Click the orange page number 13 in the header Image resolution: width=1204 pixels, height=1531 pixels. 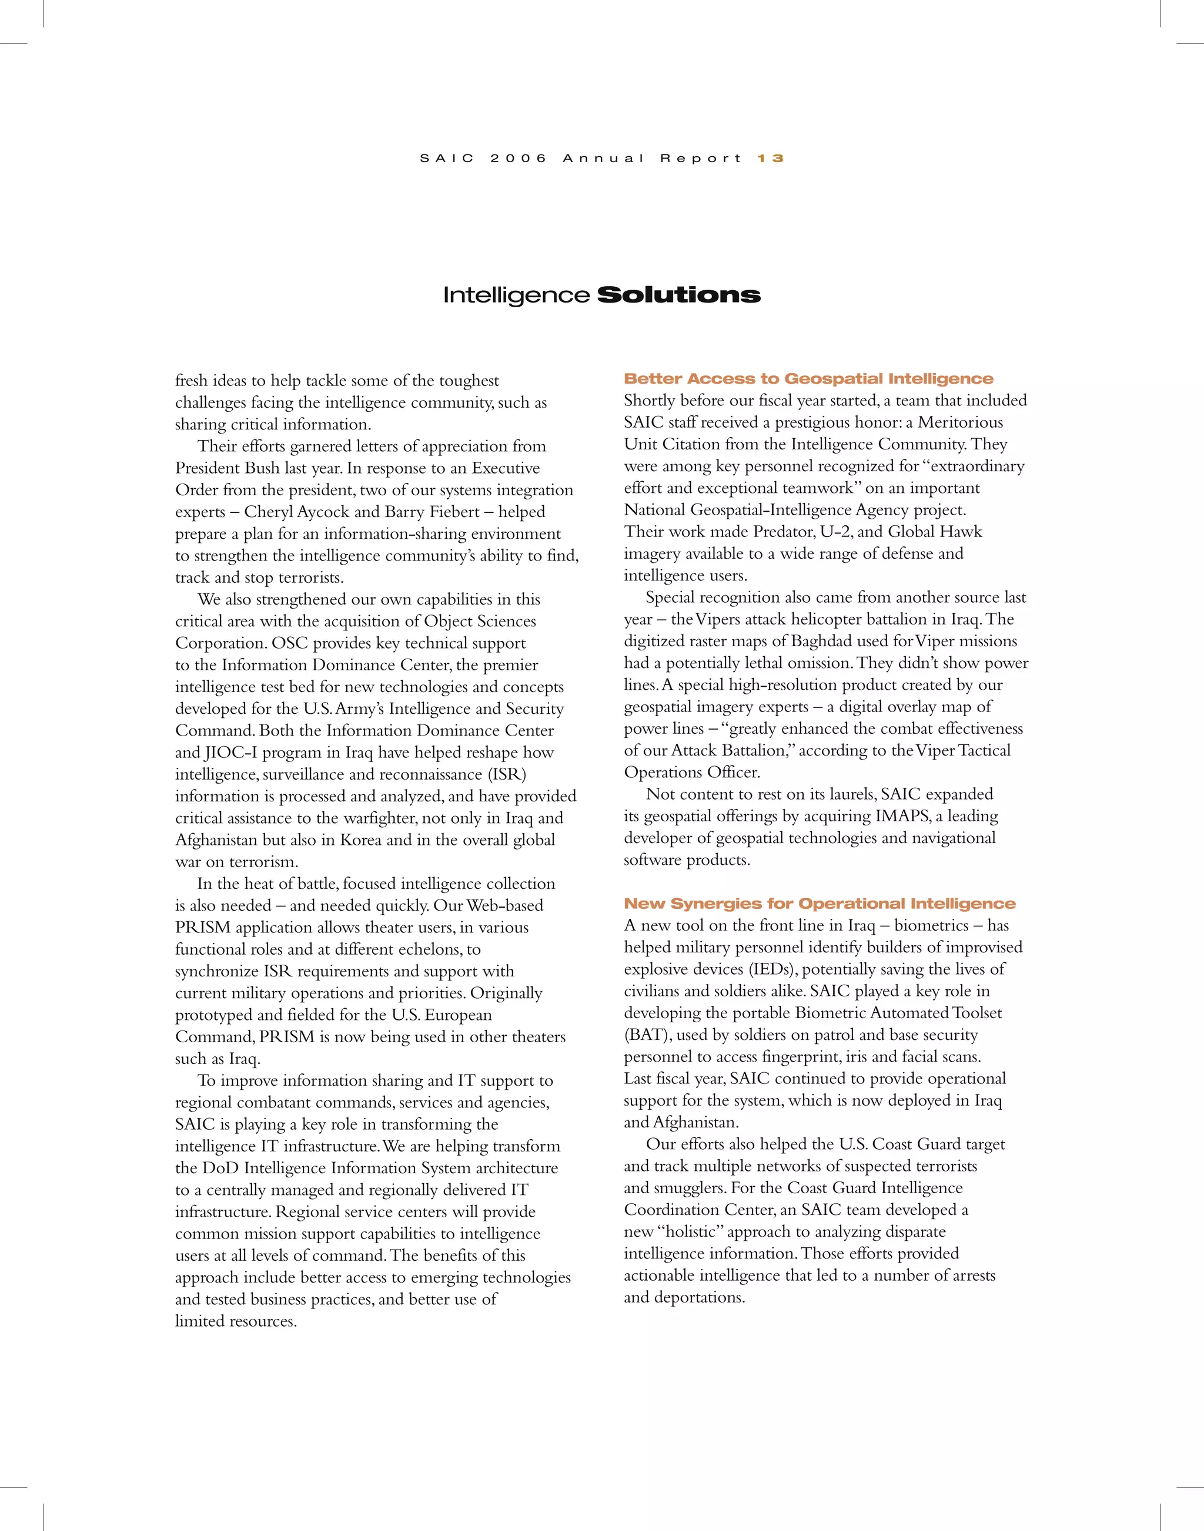(771, 159)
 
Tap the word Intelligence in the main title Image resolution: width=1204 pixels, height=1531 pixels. (516, 295)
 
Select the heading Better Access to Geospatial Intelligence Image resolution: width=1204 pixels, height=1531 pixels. (808, 379)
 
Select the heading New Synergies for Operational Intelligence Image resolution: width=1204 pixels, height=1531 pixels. (819, 904)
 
